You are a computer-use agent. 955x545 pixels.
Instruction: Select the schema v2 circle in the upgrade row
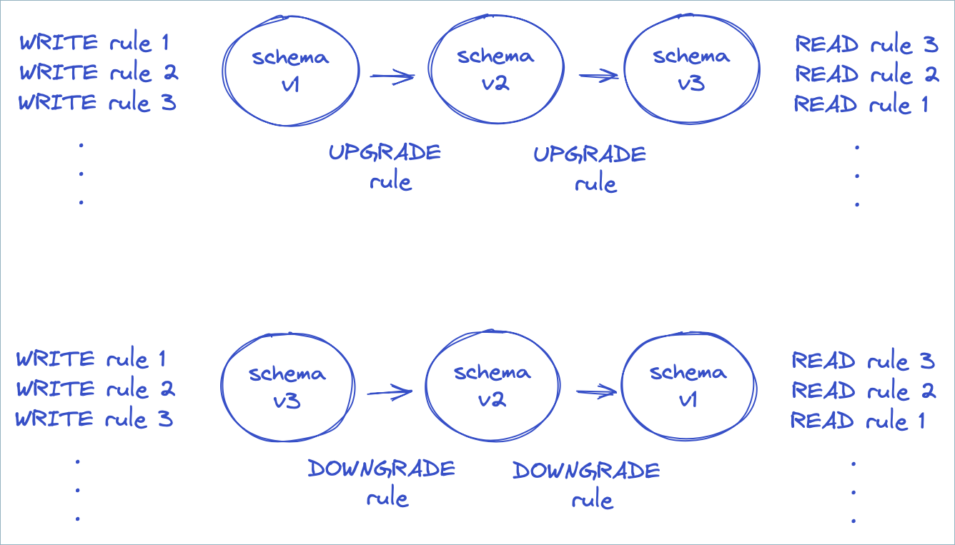click(495, 70)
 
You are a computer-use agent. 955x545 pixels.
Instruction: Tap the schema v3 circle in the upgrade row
click(690, 70)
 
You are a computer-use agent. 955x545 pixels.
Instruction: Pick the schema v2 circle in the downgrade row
click(492, 386)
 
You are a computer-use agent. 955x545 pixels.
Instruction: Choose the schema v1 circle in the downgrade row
click(687, 386)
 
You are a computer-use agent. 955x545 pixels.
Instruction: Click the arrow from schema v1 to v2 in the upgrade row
click(392, 76)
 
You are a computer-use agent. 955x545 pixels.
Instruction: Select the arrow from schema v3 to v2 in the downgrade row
click(390, 391)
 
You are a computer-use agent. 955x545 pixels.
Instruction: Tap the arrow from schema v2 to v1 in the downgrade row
click(595, 391)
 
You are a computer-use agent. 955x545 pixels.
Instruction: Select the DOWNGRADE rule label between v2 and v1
click(587, 484)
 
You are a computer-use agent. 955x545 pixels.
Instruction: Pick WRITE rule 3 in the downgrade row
click(94, 419)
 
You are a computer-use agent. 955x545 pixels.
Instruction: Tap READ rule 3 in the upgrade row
click(866, 45)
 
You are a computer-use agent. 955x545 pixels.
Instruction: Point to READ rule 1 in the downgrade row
click(858, 421)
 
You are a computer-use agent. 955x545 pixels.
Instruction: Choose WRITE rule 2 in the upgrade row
click(99, 72)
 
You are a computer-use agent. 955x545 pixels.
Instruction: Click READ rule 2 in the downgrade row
click(864, 391)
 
